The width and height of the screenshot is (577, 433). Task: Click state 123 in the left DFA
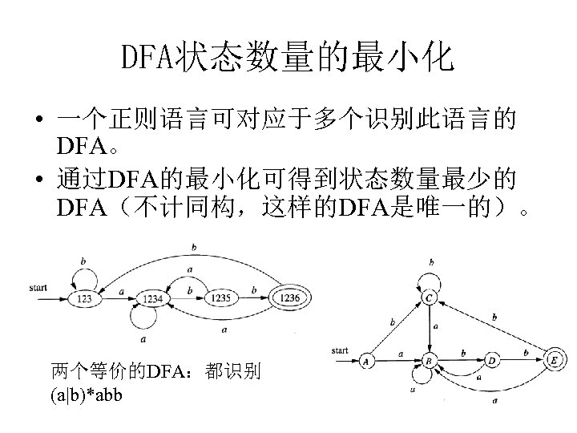(x=83, y=298)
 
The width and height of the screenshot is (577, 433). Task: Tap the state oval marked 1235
(x=221, y=298)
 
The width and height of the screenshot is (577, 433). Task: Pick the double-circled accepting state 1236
(x=290, y=298)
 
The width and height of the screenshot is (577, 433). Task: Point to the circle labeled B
(x=429, y=361)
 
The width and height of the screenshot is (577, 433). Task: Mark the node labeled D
(x=491, y=361)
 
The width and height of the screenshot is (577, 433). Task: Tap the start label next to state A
(x=339, y=350)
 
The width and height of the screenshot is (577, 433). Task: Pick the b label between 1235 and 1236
(x=254, y=289)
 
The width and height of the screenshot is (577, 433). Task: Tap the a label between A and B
(x=399, y=353)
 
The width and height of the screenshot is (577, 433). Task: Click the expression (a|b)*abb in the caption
(x=86, y=395)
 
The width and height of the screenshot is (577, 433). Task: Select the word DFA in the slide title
(x=149, y=58)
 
